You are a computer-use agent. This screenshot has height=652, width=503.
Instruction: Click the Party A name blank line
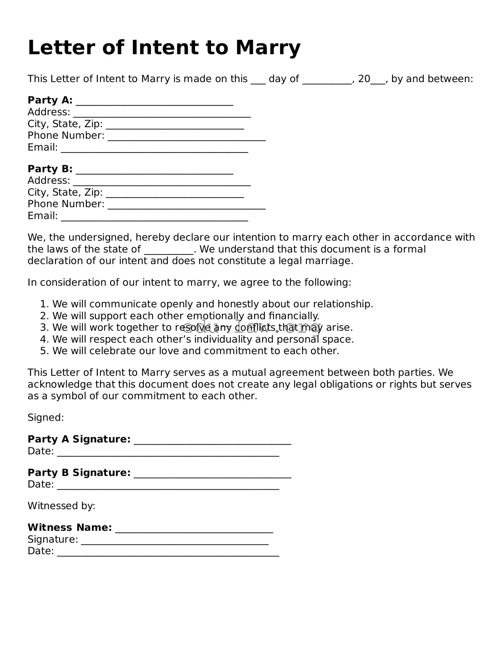click(154, 102)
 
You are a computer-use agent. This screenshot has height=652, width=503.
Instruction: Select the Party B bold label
click(50, 169)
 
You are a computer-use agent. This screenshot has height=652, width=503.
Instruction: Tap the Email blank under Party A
click(154, 149)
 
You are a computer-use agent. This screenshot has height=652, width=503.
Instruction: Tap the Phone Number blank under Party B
click(187, 206)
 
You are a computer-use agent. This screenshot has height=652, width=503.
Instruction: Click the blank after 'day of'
click(327, 80)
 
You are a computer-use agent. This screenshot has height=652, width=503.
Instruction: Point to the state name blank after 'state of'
click(169, 251)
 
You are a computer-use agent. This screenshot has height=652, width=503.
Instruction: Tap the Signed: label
click(46, 418)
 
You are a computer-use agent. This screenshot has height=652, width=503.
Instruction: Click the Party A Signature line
click(212, 441)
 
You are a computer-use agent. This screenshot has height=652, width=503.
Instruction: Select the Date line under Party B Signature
click(168, 486)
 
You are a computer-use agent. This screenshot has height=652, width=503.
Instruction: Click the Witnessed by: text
click(61, 506)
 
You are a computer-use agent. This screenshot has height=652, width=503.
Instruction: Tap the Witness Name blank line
click(194, 529)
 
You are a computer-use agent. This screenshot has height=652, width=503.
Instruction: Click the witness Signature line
click(175, 541)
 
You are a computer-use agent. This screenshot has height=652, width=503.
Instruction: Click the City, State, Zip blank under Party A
click(175, 126)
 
